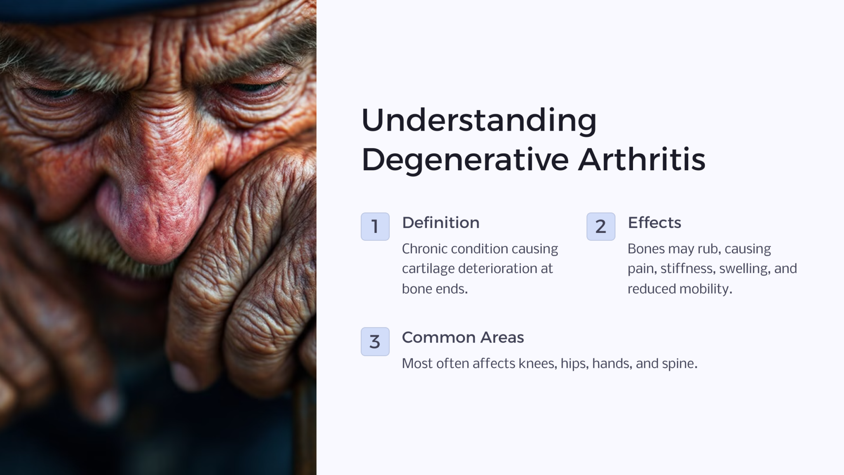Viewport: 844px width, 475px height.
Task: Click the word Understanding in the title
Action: [x=478, y=120]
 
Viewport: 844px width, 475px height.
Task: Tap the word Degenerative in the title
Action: [x=465, y=160]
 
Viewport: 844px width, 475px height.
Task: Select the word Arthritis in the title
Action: [x=641, y=160]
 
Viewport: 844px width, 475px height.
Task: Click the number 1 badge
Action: [x=375, y=226]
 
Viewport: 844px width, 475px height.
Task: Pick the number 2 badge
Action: [x=600, y=226]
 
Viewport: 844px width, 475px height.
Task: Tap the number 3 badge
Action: [x=375, y=341]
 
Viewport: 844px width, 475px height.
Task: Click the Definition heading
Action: [x=441, y=223]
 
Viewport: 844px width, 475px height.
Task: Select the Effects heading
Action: [x=654, y=223]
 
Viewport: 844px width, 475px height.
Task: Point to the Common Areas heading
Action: [x=462, y=337]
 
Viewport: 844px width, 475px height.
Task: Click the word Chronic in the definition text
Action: [x=424, y=249]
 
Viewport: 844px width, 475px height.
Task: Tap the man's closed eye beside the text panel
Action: [x=251, y=87]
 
